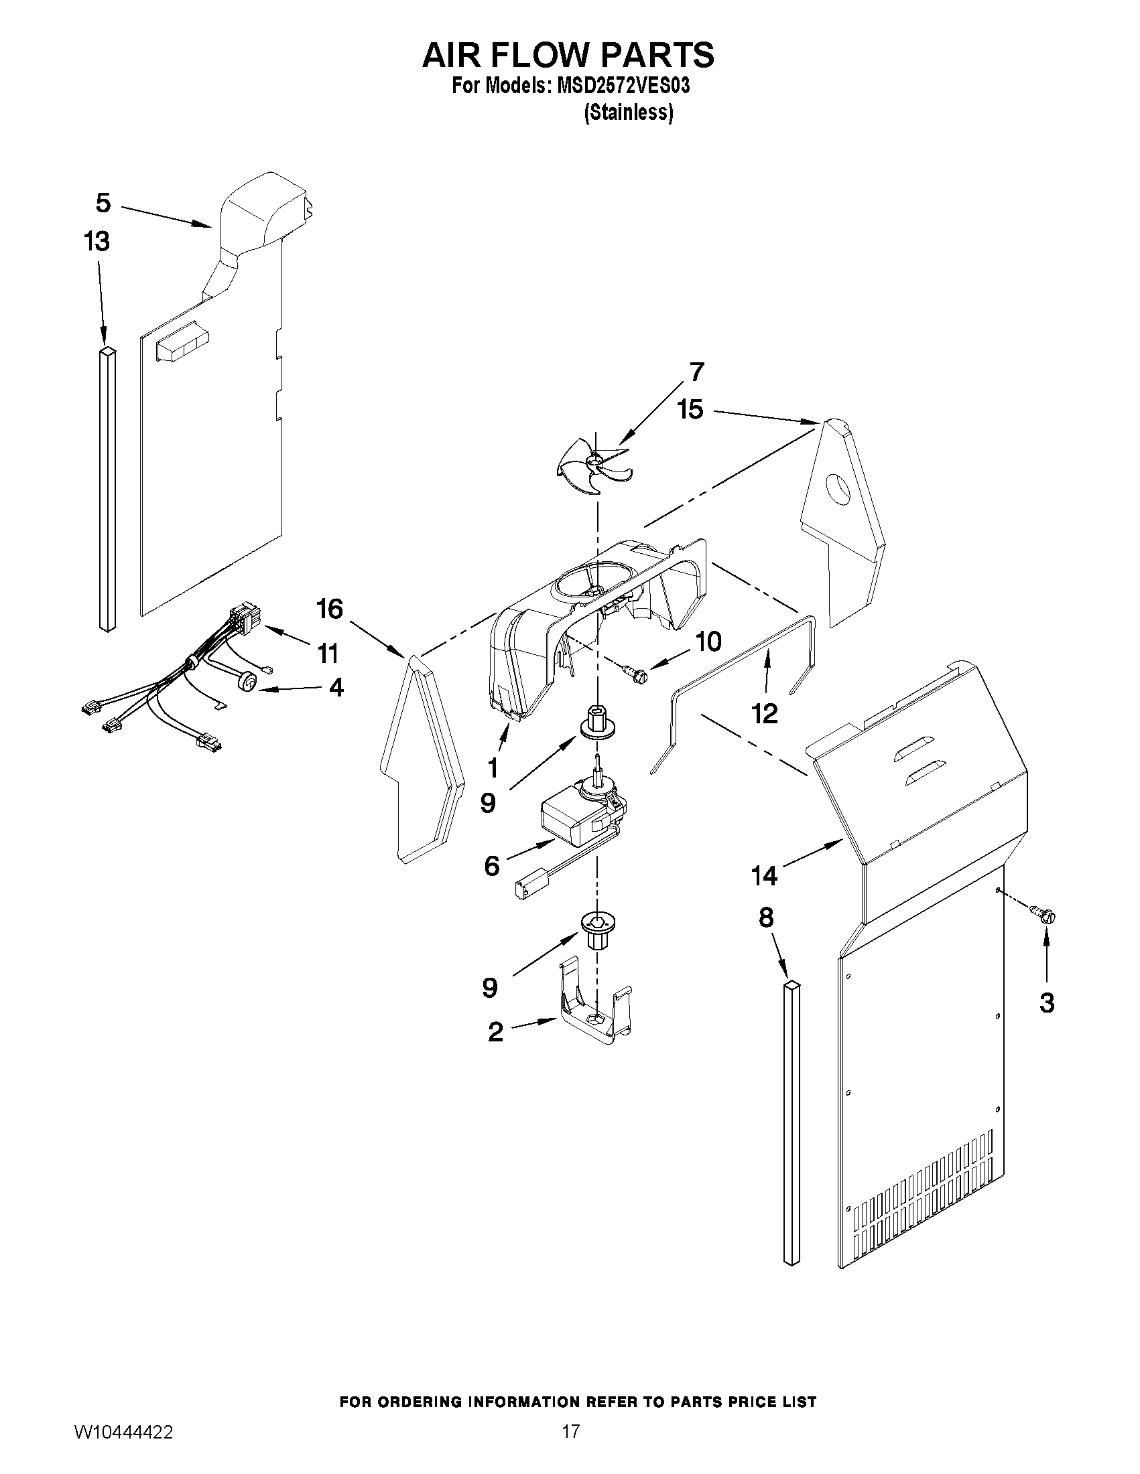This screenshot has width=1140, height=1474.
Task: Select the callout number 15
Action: point(690,410)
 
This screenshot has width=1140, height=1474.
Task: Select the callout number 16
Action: point(330,609)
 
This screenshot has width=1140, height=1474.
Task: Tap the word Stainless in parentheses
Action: point(628,113)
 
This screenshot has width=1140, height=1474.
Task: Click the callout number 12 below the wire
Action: point(765,713)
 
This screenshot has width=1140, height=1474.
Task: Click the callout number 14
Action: point(765,876)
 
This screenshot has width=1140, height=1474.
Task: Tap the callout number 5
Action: point(103,202)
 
